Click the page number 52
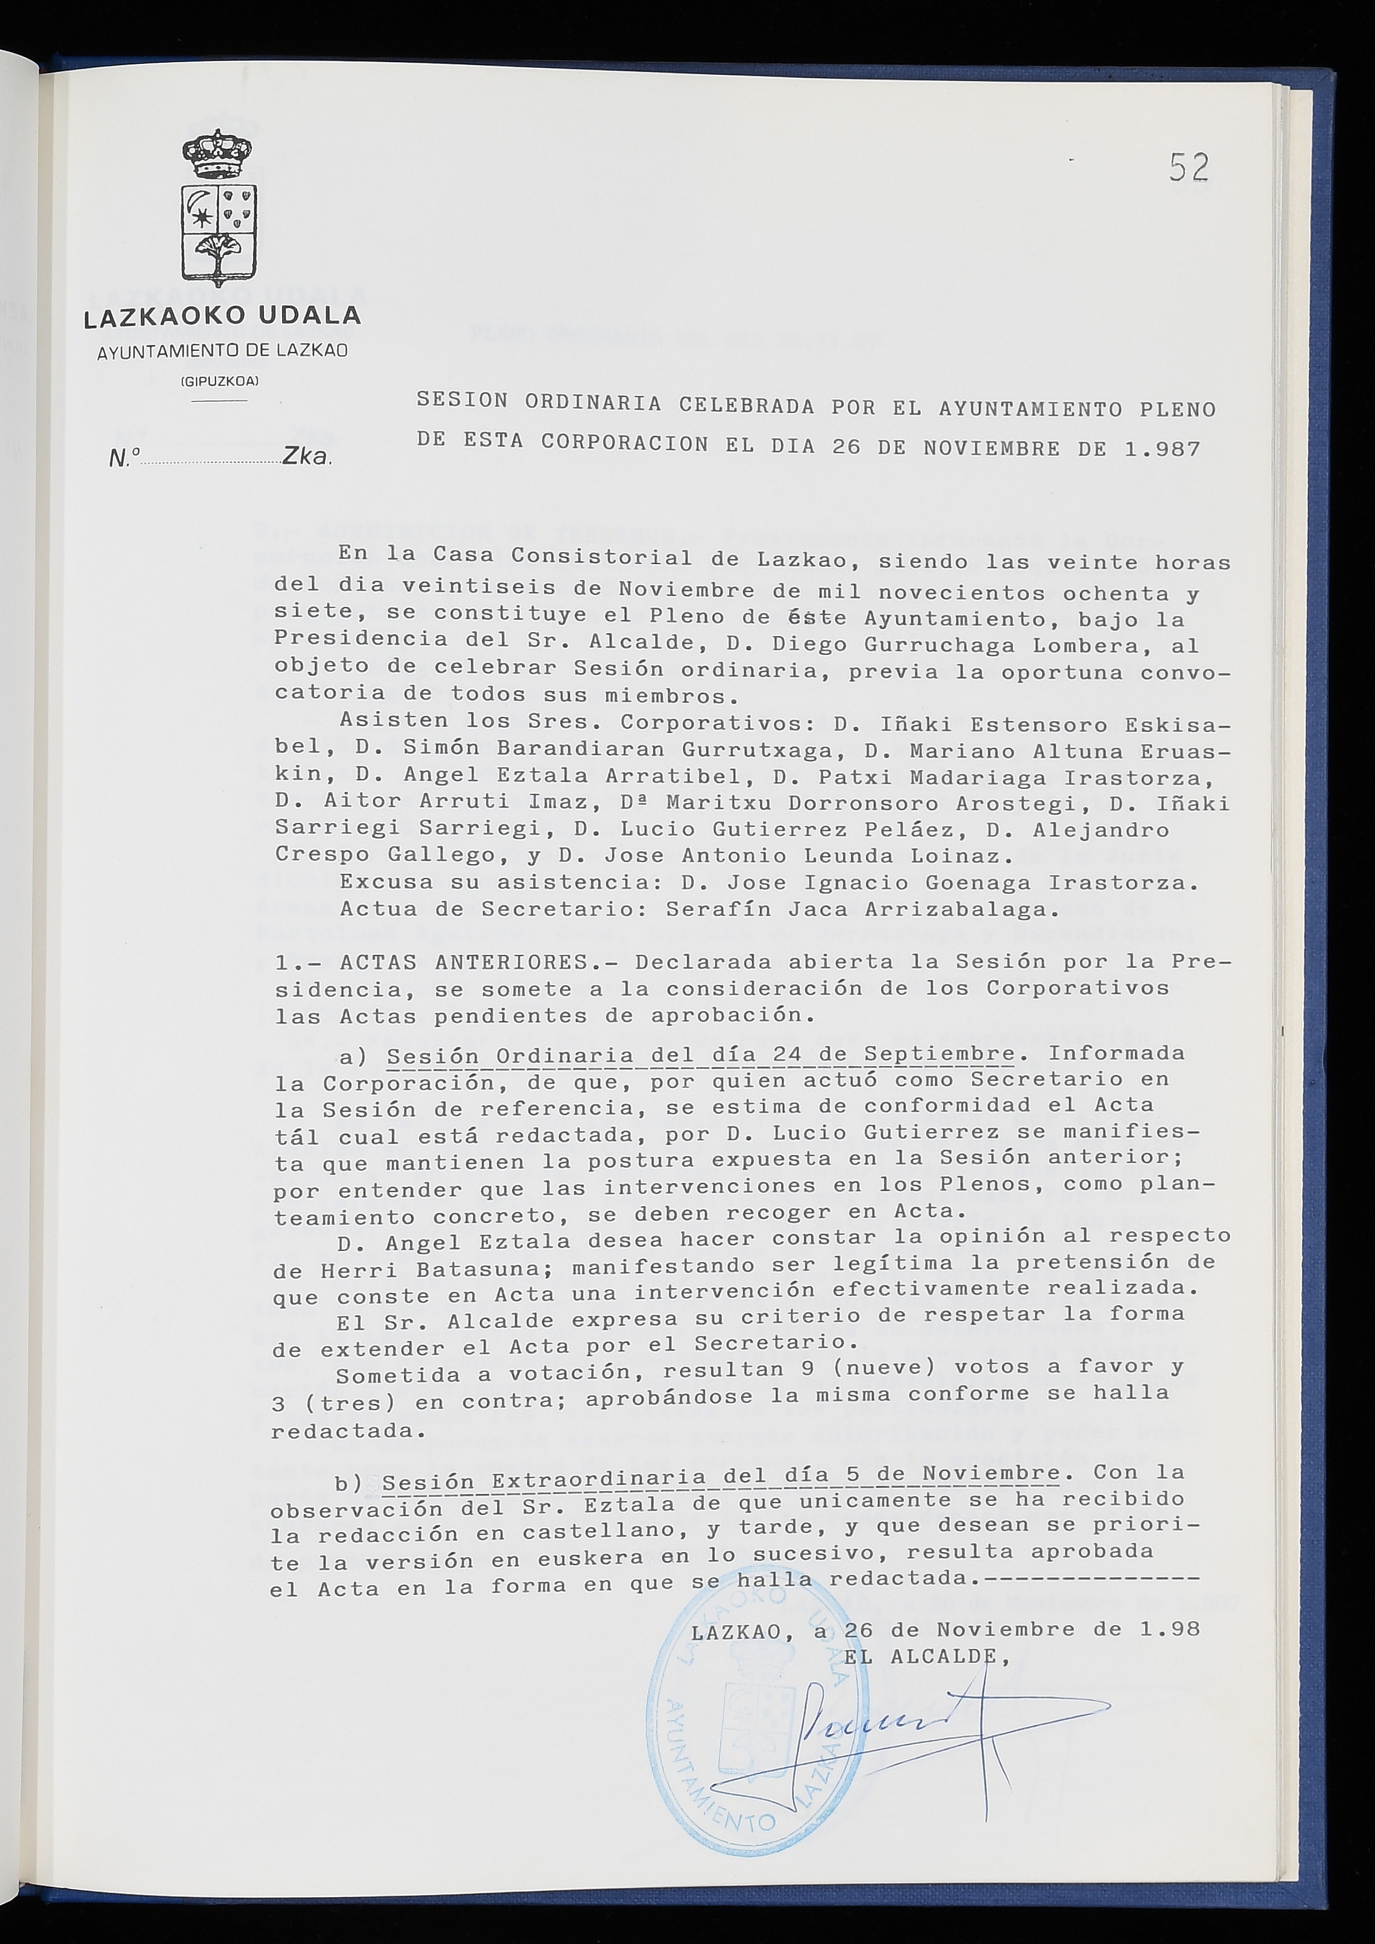[1188, 169]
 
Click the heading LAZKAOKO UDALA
[222, 317]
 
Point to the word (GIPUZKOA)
[220, 380]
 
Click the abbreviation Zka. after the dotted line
[308, 457]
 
